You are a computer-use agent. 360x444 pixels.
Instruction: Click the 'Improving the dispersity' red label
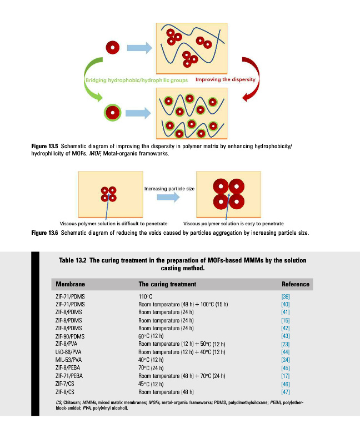pos(226,79)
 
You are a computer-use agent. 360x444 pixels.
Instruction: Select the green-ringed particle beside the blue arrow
pos(113,113)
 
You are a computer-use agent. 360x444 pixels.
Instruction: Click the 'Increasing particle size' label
pos(169,189)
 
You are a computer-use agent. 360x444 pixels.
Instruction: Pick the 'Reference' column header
pos(295,284)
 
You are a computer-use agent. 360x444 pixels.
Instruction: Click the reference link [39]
pos(286,297)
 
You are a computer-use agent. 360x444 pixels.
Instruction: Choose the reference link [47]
pos(286,392)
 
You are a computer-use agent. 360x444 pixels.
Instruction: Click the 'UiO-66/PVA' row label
pos(68,352)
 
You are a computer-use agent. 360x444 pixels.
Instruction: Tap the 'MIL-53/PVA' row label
pos(68,360)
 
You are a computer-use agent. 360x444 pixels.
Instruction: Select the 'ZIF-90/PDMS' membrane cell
pos(70,336)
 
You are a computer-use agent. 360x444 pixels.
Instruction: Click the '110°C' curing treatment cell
pos(145,297)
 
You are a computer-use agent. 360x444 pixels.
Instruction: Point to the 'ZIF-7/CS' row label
pos(66,384)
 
